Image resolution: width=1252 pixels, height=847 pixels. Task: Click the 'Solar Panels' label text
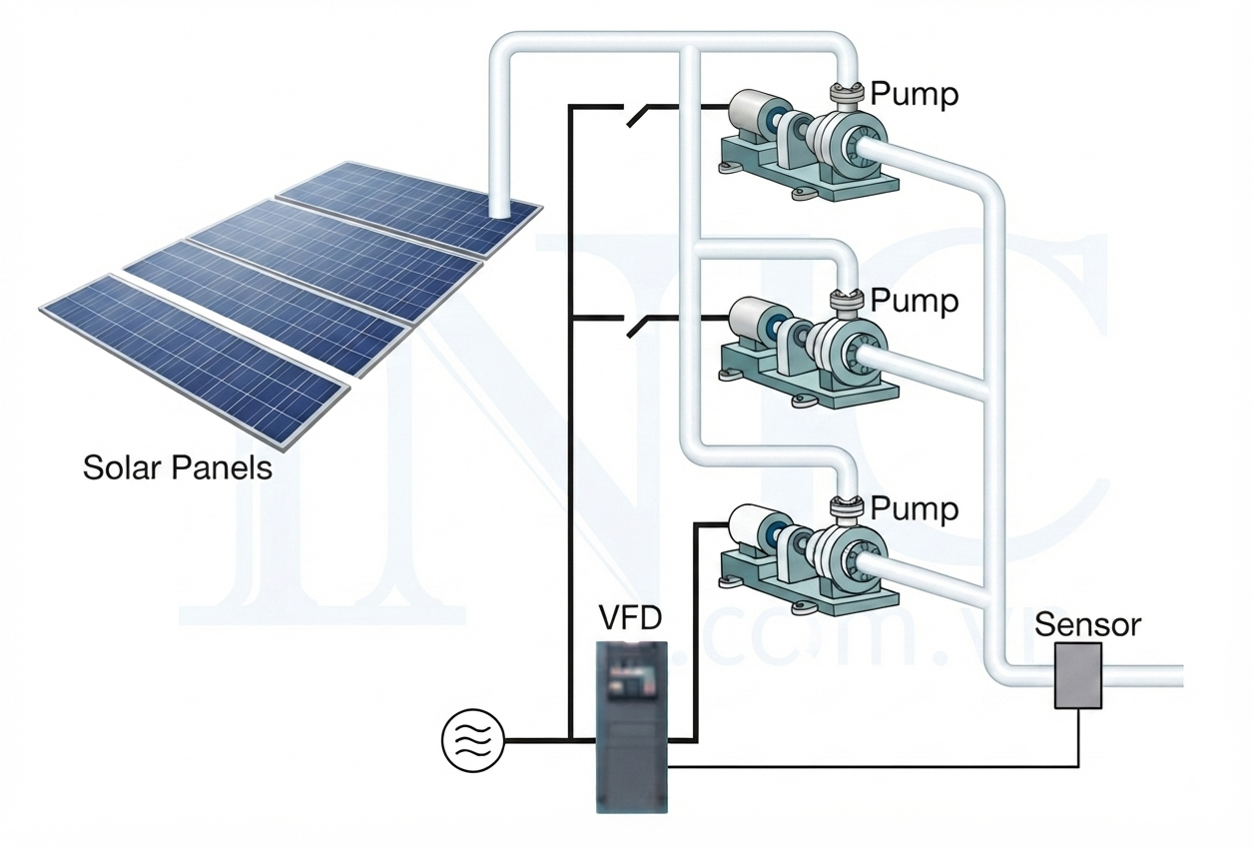(177, 467)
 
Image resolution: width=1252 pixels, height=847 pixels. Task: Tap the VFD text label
(630, 618)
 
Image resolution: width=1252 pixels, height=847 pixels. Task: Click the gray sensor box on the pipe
(1078, 675)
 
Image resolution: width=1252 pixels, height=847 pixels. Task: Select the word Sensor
(1087, 625)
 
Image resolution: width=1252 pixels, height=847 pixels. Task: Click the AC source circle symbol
(473, 741)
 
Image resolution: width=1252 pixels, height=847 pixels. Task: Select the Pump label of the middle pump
(915, 301)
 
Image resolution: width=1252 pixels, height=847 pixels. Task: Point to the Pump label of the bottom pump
(915, 508)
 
